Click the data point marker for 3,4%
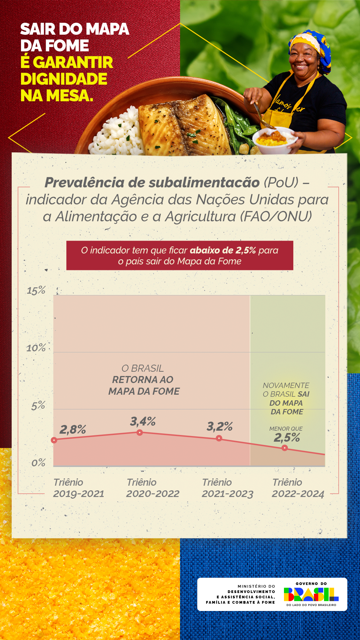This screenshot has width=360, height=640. pyautogui.click(x=140, y=433)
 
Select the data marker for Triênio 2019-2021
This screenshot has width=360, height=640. pyautogui.click(x=54, y=440)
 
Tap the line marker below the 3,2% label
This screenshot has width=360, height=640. pyautogui.click(x=219, y=438)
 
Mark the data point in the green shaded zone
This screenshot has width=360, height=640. pyautogui.click(x=285, y=448)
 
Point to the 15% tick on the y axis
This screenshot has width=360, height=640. pyautogui.click(x=36, y=290)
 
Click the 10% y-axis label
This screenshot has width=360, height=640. pyautogui.click(x=36, y=348)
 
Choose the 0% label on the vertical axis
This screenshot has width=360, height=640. pyautogui.click(x=38, y=463)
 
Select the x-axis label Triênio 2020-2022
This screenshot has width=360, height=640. pyautogui.click(x=152, y=488)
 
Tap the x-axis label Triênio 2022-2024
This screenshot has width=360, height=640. pyautogui.click(x=298, y=488)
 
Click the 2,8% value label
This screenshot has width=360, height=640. pyautogui.click(x=73, y=429)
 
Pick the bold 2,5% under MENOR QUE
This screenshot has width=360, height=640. pyautogui.click(x=287, y=438)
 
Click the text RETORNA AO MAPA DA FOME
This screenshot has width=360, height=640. pyautogui.click(x=144, y=385)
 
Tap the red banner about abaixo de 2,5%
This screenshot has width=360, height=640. pyautogui.click(x=180, y=255)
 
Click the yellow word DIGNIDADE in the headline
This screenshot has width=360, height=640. pyautogui.click(x=64, y=79)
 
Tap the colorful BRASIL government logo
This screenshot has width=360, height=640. pyautogui.click(x=311, y=595)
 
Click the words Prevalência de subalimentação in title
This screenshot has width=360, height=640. pyautogui.click(x=152, y=182)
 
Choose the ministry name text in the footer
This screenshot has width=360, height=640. pyautogui.click(x=241, y=594)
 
